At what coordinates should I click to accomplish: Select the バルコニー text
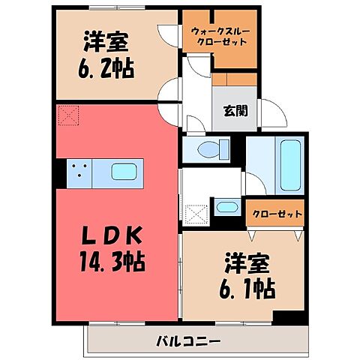click(188, 342)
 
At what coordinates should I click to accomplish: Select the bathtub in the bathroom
click(290, 166)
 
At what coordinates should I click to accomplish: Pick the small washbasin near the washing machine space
click(226, 206)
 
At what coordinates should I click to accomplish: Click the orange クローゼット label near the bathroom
click(276, 214)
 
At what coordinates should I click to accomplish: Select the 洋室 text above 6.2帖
click(104, 41)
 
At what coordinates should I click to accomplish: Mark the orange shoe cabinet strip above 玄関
click(232, 79)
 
